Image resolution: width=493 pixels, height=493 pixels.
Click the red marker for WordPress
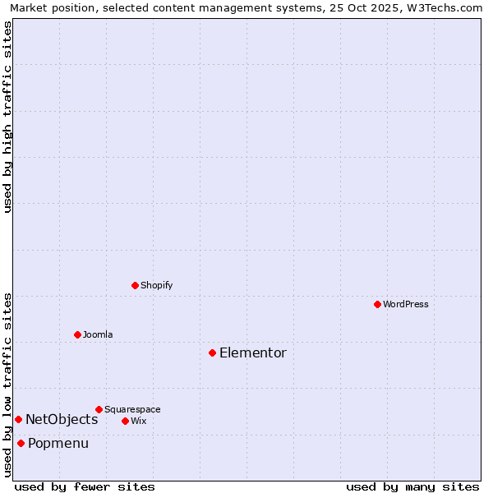[377, 304]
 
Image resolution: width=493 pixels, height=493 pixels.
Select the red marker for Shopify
[135, 285]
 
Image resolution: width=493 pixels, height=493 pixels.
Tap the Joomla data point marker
[77, 334]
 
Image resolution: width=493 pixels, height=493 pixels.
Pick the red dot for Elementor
[212, 352]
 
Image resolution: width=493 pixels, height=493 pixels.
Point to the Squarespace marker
[99, 409]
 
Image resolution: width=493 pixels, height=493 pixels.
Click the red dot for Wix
[125, 421]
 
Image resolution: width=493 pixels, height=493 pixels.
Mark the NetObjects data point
[18, 419]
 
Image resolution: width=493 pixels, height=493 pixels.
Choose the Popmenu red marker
[21, 443]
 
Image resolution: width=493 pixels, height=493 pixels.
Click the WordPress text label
[406, 304]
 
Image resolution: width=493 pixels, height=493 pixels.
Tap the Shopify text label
[157, 285]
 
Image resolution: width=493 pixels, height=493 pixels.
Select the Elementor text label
[253, 352]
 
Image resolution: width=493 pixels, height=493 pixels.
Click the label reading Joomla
[98, 334]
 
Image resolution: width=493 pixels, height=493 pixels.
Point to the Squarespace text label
[132, 409]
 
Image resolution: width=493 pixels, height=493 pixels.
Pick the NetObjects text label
[62, 419]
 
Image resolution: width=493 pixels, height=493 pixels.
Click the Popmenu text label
[58, 443]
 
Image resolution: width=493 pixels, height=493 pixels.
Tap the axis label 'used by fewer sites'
[85, 486]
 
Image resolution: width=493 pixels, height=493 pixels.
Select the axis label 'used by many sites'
[412, 486]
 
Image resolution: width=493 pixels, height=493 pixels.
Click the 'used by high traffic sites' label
[7, 117]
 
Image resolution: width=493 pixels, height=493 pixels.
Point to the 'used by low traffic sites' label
[7, 384]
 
